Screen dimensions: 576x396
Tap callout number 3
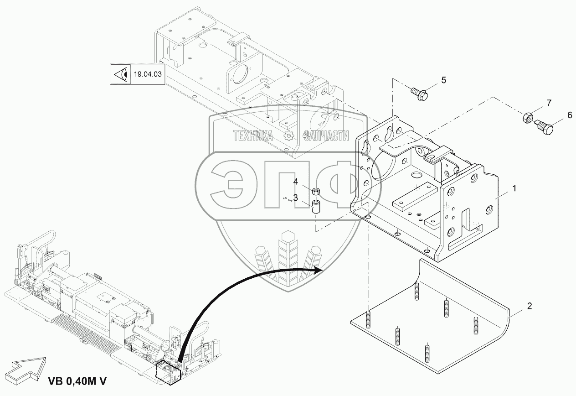(295, 198)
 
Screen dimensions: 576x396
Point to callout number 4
(295, 181)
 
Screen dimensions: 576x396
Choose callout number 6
(569, 116)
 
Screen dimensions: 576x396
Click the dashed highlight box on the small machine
(169, 371)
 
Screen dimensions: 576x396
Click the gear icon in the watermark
(288, 135)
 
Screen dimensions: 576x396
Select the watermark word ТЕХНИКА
(253, 135)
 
